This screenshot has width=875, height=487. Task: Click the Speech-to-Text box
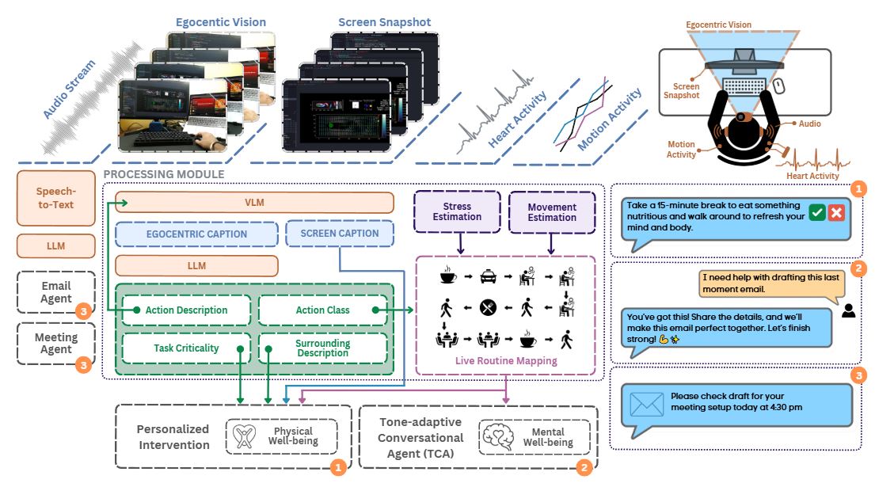point(55,198)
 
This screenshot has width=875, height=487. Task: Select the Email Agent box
point(55,292)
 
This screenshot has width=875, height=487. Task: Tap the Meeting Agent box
point(55,343)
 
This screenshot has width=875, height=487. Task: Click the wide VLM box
point(254,203)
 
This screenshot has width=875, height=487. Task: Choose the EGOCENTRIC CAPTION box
point(196,234)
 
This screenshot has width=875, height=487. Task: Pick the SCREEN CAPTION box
point(339,233)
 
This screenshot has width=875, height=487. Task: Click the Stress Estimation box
point(457,211)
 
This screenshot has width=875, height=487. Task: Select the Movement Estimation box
point(552,212)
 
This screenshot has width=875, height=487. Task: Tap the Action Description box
point(186,310)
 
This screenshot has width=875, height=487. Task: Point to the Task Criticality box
point(186,348)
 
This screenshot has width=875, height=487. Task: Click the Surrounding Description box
point(322,348)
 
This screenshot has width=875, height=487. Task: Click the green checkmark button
point(817,212)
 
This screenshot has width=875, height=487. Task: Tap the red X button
point(836,212)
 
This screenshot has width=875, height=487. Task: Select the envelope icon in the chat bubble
point(646,404)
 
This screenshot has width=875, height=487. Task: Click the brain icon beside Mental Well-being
point(500,436)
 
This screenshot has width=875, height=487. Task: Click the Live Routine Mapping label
point(506,360)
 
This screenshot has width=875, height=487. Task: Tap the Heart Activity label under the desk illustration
point(812,175)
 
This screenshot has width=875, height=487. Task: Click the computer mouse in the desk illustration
point(779,86)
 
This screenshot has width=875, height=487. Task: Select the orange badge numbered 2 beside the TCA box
point(584,467)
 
